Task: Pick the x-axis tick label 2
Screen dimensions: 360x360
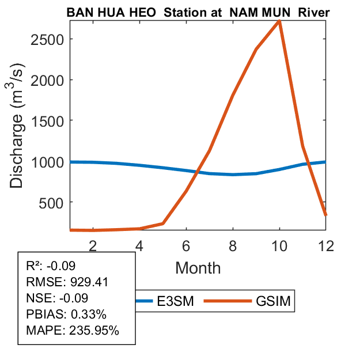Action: pos(93,245)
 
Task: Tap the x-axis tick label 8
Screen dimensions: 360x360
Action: pos(233,245)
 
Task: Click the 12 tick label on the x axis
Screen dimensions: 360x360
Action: pos(326,245)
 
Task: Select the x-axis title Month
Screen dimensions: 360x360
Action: pos(198,267)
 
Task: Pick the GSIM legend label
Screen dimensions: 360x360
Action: pos(271,301)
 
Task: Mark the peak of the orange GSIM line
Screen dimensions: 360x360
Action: pos(279,21)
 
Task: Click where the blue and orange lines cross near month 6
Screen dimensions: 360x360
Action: pos(198,172)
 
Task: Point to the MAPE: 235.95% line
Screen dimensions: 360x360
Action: pos(72,331)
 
